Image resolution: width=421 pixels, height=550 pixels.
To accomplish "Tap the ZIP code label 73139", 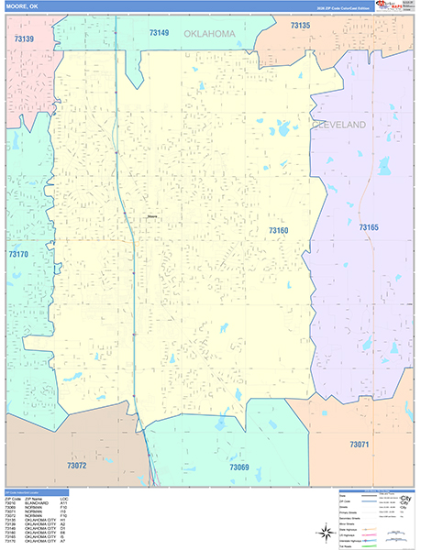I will tap(24, 38).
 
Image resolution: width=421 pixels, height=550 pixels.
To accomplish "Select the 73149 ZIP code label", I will tap(160, 32).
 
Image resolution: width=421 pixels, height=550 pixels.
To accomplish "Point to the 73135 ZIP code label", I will tap(300, 26).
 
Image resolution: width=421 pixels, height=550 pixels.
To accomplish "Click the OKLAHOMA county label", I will tap(209, 34).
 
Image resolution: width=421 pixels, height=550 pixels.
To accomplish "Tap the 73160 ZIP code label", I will tap(279, 230).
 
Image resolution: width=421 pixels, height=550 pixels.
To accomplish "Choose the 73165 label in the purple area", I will tap(369, 226).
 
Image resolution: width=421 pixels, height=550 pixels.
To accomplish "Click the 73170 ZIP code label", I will tap(18, 254).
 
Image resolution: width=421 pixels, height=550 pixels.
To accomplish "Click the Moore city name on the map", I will tap(152, 216).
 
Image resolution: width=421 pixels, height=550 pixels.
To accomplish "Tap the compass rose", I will tap(325, 532).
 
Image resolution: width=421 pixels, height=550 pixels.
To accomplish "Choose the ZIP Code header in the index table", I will tap(12, 499).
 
